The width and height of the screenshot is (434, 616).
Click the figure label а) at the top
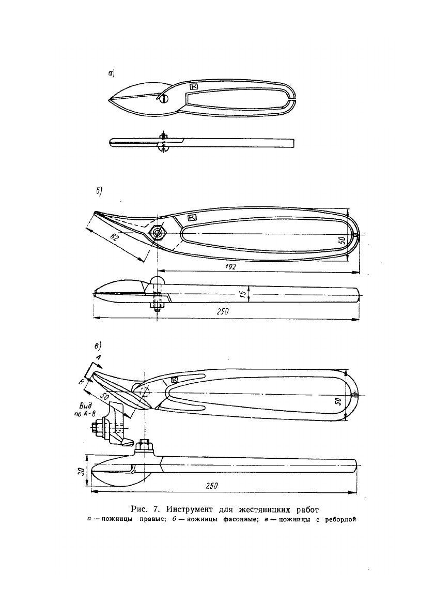pyautogui.click(x=111, y=74)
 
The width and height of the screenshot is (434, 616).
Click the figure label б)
pyautogui.click(x=98, y=190)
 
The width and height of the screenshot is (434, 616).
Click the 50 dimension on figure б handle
pyautogui.click(x=342, y=240)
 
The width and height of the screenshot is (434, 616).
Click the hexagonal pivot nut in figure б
pyautogui.click(x=157, y=233)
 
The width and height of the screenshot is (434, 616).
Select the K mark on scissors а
pyautogui.click(x=194, y=87)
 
